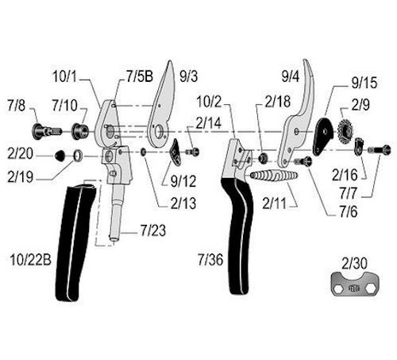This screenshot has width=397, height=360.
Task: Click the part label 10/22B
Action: (x=30, y=260)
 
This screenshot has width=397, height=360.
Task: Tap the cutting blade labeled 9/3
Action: (x=161, y=106)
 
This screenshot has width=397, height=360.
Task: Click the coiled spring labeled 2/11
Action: (x=274, y=175)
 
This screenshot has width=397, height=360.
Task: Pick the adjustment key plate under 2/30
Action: (x=355, y=284)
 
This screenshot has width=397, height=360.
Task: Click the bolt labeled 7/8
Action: (x=46, y=131)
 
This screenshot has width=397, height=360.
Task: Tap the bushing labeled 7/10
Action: (x=80, y=131)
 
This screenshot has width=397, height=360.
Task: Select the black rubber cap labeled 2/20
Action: (x=60, y=156)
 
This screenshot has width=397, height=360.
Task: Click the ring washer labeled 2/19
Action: (x=78, y=156)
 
